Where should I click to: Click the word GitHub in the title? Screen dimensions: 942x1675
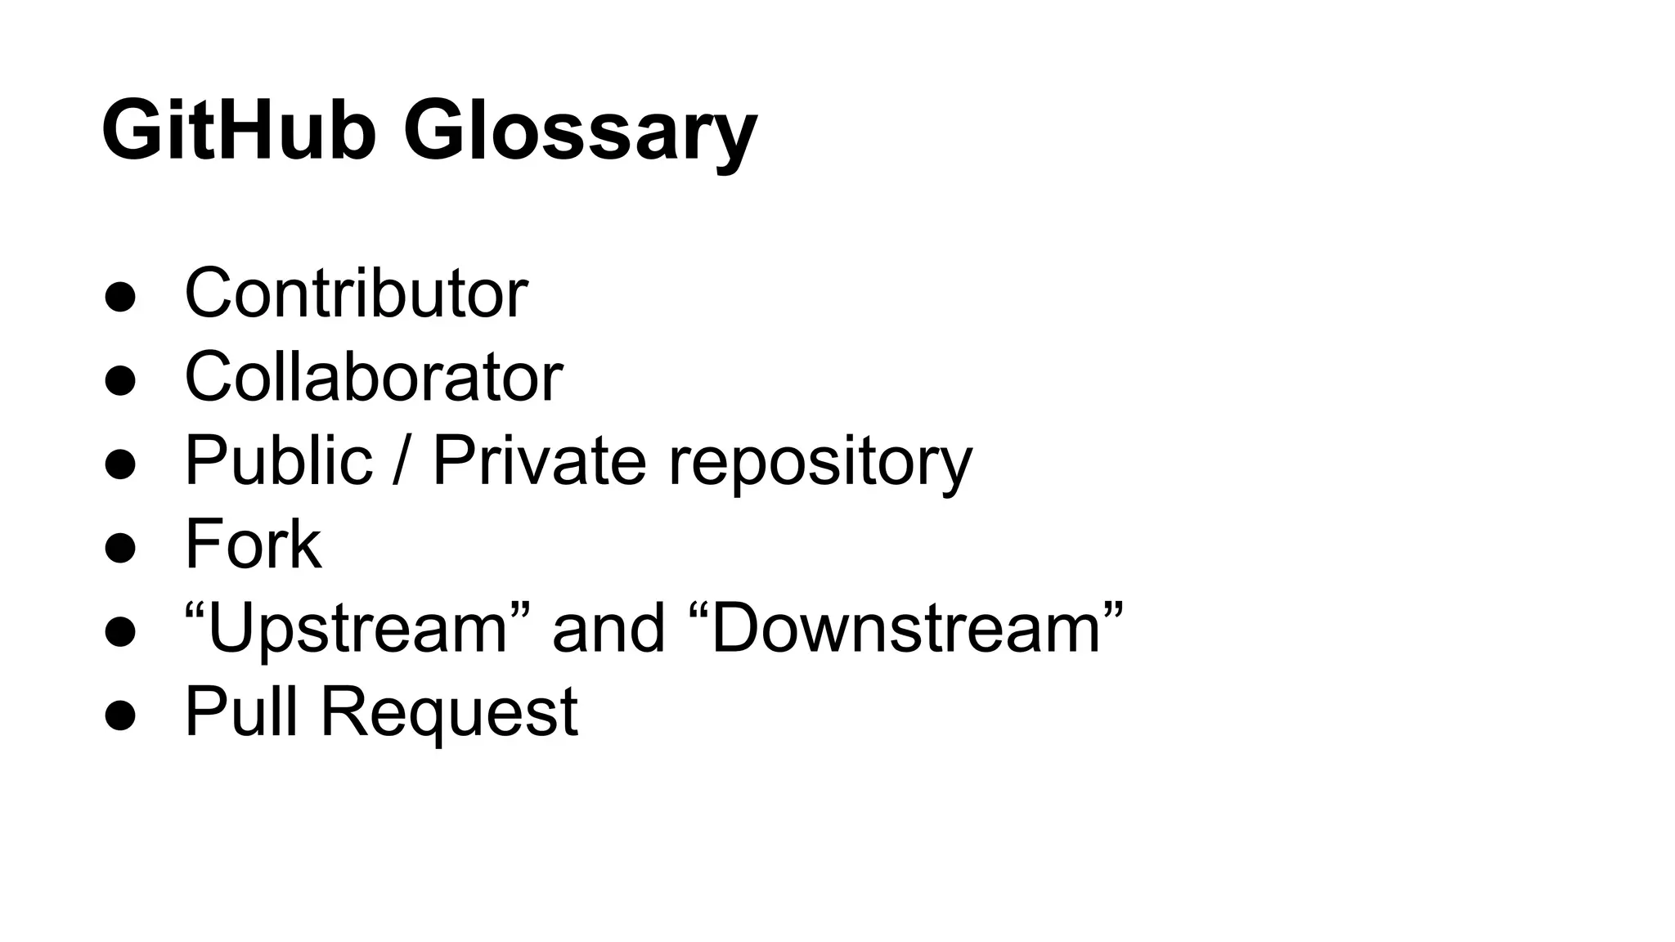pyautogui.click(x=238, y=131)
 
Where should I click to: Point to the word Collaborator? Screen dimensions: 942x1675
pyautogui.click(x=374, y=377)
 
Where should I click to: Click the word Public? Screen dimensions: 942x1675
pyautogui.click(x=279, y=460)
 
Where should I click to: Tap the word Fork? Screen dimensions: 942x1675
pyautogui.click(x=253, y=545)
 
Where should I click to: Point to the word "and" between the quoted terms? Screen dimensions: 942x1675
pyautogui.click(x=608, y=628)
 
